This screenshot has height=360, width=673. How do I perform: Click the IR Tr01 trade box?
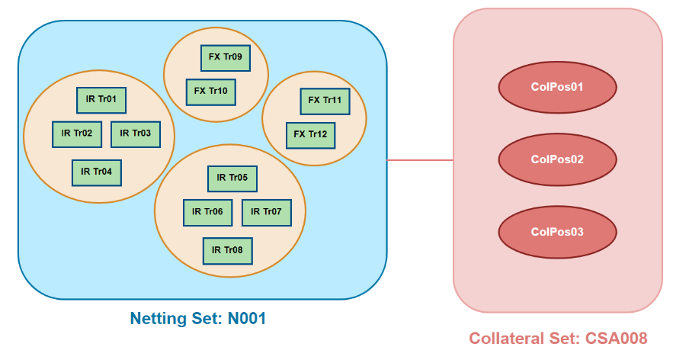(x=101, y=99)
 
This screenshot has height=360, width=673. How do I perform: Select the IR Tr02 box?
(x=77, y=133)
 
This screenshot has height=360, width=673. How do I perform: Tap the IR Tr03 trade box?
(x=136, y=133)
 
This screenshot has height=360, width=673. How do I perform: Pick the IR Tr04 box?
(x=97, y=172)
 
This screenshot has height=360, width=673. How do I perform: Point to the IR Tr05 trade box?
(x=232, y=178)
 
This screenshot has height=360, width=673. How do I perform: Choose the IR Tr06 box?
(x=207, y=212)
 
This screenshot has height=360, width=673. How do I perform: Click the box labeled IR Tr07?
(x=267, y=212)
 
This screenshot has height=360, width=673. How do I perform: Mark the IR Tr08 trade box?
(x=227, y=250)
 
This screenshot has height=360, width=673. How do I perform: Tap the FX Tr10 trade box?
(x=211, y=92)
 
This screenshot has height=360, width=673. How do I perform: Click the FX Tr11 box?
(x=325, y=101)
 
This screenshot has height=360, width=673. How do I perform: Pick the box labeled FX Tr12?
(x=311, y=135)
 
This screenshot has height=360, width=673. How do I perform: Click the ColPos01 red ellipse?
(x=557, y=87)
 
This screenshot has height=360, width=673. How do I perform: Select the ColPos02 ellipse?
(x=557, y=159)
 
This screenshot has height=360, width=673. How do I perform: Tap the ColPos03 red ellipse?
(x=557, y=232)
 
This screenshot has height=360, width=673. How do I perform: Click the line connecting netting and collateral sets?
(x=420, y=160)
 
